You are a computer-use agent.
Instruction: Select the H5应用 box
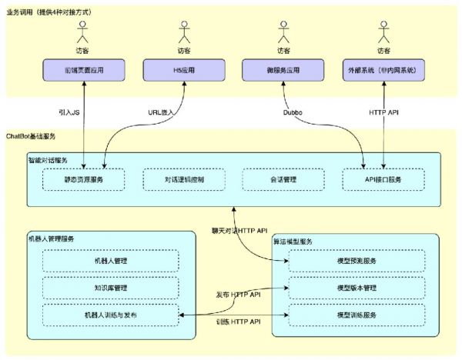click(183, 70)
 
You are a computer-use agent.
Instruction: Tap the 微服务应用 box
click(281, 70)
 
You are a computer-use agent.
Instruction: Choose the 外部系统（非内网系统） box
click(382, 70)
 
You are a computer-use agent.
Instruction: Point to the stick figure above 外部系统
click(382, 34)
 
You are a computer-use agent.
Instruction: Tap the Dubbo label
click(292, 112)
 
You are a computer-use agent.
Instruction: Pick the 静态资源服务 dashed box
click(83, 180)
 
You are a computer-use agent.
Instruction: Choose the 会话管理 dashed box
click(281, 180)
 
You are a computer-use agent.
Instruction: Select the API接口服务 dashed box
click(382, 180)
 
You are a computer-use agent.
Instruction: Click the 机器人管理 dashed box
click(110, 261)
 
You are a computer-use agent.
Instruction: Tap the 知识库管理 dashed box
click(110, 288)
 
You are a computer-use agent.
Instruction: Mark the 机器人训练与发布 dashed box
click(110, 315)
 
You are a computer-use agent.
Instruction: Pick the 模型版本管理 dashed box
click(356, 288)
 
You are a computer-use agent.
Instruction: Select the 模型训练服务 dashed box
click(356, 315)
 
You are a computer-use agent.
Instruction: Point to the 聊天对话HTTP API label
click(239, 230)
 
